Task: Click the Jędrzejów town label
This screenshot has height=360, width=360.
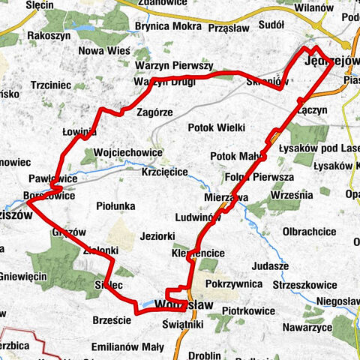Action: (x=331, y=62)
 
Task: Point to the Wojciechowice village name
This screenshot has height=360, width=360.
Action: (x=129, y=152)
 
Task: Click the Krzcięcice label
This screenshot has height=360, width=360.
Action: (x=164, y=172)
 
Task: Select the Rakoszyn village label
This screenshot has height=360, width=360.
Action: (x=49, y=35)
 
